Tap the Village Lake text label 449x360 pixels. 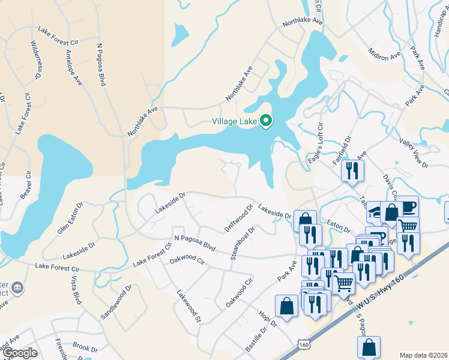coord(235,122)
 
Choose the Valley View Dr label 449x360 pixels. coord(414,152)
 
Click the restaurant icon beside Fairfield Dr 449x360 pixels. coord(352,170)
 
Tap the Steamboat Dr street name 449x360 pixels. coord(243,243)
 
